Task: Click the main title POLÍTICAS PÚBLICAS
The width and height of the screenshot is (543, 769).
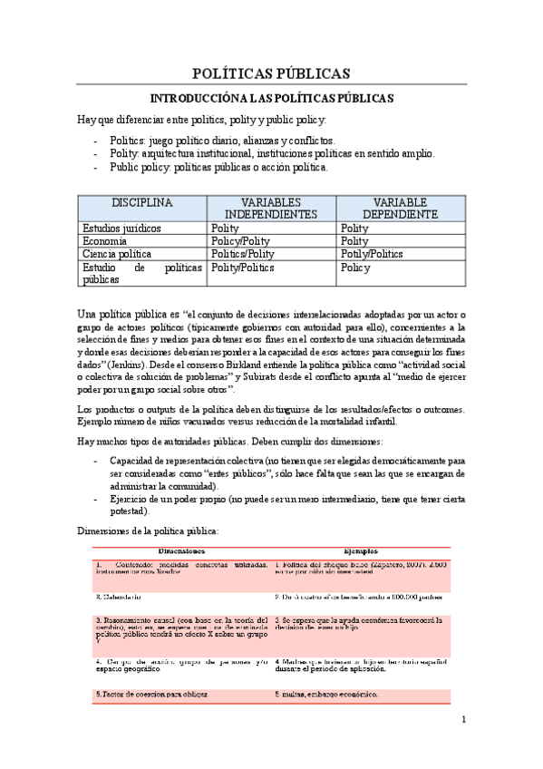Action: [x=271, y=73]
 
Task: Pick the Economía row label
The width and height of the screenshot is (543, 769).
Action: [x=104, y=241]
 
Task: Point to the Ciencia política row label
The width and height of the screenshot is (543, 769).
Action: [x=117, y=255]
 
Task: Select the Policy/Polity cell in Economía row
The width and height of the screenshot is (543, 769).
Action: [x=241, y=241]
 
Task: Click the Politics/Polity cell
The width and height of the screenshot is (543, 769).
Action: [x=242, y=255]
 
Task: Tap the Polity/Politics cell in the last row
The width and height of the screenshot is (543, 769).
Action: [x=242, y=268]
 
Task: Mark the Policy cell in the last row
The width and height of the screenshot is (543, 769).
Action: [x=356, y=268]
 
